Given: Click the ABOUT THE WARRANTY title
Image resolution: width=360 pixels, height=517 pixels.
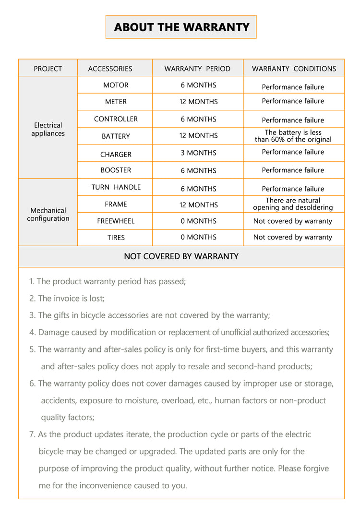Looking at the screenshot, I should click(x=181, y=27).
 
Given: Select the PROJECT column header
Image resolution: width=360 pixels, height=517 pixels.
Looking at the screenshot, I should click(x=48, y=69).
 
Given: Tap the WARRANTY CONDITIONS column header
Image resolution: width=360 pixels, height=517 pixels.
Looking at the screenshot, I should click(x=294, y=69).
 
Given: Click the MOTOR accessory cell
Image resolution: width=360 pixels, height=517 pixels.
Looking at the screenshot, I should click(x=116, y=85).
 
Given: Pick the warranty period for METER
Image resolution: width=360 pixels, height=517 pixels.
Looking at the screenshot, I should click(x=198, y=102).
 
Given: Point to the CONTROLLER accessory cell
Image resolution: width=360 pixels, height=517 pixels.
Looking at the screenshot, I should click(x=116, y=119).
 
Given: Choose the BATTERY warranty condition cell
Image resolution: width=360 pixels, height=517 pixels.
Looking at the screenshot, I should click(x=293, y=136).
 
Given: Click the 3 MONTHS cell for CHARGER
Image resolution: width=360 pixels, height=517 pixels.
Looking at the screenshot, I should click(x=198, y=153).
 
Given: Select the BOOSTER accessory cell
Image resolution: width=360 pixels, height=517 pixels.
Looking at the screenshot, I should click(x=116, y=170).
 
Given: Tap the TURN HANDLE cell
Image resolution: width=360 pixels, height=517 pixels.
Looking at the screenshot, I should click(x=116, y=187).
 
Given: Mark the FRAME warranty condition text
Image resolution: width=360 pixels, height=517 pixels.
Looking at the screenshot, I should click(x=293, y=204).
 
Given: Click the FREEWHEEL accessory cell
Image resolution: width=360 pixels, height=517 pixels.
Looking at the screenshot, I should click(x=116, y=221).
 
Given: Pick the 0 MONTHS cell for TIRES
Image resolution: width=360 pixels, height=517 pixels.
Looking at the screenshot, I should click(x=198, y=237).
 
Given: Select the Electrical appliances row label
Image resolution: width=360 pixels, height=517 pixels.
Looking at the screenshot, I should click(x=48, y=129).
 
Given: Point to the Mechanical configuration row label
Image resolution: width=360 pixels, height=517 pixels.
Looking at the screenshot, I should click(x=48, y=214).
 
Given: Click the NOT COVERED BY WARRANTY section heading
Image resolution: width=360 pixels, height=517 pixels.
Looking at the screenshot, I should click(x=181, y=256).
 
